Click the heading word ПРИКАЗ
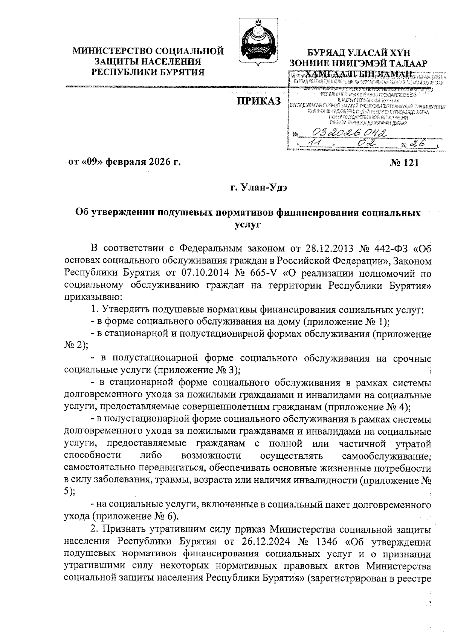[258, 101]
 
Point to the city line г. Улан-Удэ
[258, 188]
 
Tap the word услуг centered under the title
[248, 225]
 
